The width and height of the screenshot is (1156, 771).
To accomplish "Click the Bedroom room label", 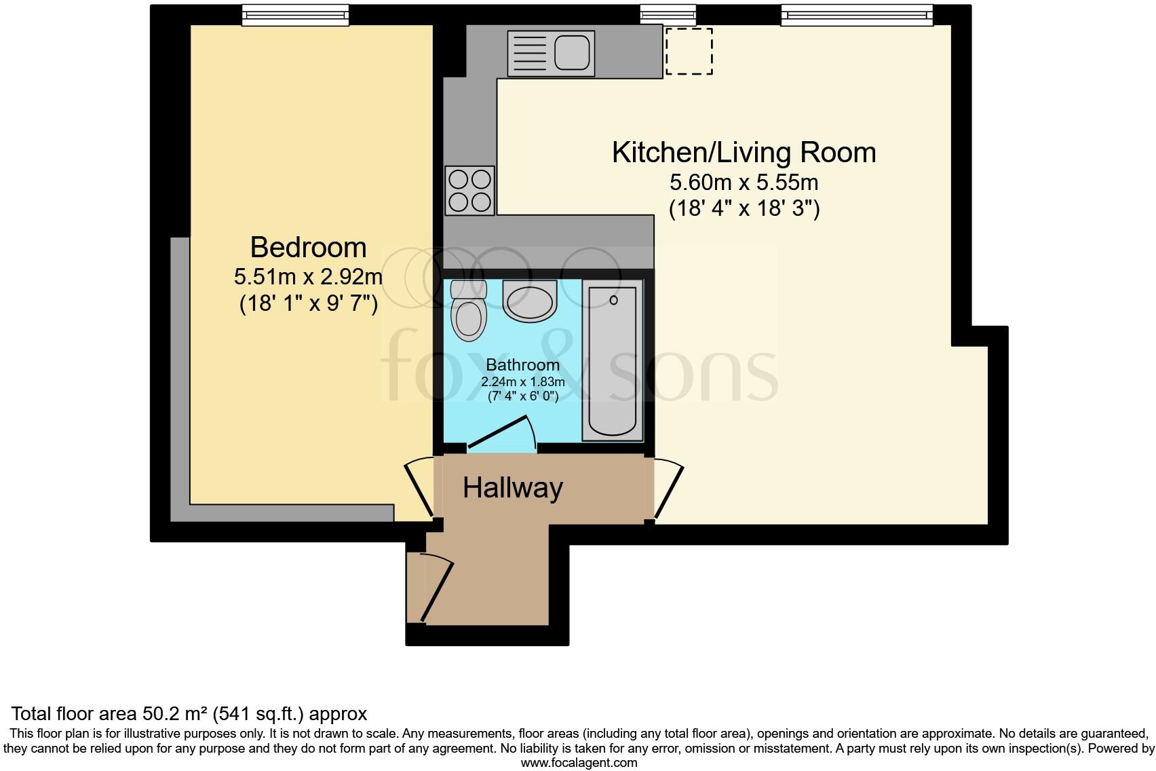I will tap(308, 247).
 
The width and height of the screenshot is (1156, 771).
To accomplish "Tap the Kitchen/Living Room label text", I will tap(744, 152).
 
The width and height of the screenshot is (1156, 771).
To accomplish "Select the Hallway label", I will tap(513, 488).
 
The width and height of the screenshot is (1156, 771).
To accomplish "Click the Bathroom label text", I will tap(522, 365).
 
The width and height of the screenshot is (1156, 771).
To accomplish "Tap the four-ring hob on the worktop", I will tap(469, 191).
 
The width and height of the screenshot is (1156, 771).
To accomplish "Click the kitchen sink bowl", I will tap(572, 52).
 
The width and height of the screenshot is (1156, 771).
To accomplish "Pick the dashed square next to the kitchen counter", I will tap(689, 51).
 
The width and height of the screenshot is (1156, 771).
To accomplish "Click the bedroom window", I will tap(296, 16).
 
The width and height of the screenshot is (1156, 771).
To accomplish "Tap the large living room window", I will tap(856, 15).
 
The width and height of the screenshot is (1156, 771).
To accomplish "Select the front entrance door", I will tap(436, 588).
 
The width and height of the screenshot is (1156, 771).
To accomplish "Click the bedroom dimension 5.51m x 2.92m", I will tap(308, 277).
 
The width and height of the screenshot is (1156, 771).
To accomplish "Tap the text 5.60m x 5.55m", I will tap(744, 183).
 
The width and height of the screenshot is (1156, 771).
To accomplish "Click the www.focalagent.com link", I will tap(579, 763).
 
